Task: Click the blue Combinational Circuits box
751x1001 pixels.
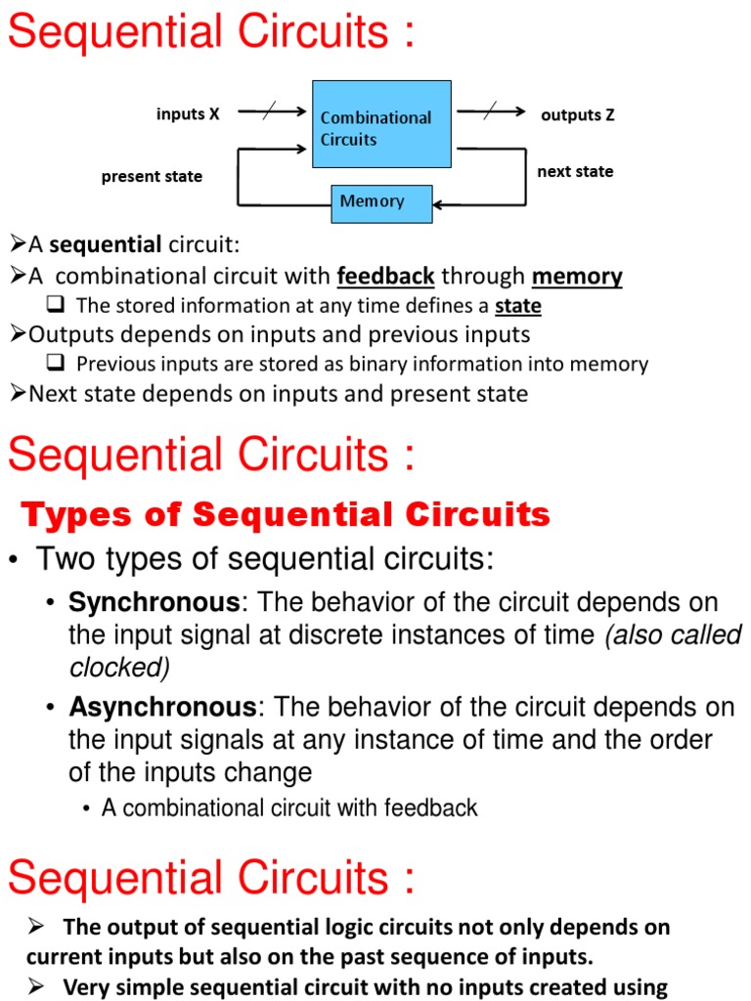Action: coord(381,124)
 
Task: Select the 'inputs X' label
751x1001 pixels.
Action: coord(188,114)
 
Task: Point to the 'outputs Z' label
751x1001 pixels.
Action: coord(578,115)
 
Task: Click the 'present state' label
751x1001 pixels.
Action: coord(152,177)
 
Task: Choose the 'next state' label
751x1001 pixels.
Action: coord(575,172)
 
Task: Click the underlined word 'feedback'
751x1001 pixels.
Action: coord(385,277)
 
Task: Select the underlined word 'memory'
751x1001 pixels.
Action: coord(577,277)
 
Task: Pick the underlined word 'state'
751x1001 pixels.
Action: coord(517,307)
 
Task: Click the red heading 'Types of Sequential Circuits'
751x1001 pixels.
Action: coord(286,514)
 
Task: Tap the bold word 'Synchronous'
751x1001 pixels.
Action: coord(154,601)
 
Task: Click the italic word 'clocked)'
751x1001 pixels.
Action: coord(119,668)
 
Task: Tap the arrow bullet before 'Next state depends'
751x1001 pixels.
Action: coord(18,393)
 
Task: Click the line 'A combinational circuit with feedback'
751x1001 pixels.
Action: coord(289,808)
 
